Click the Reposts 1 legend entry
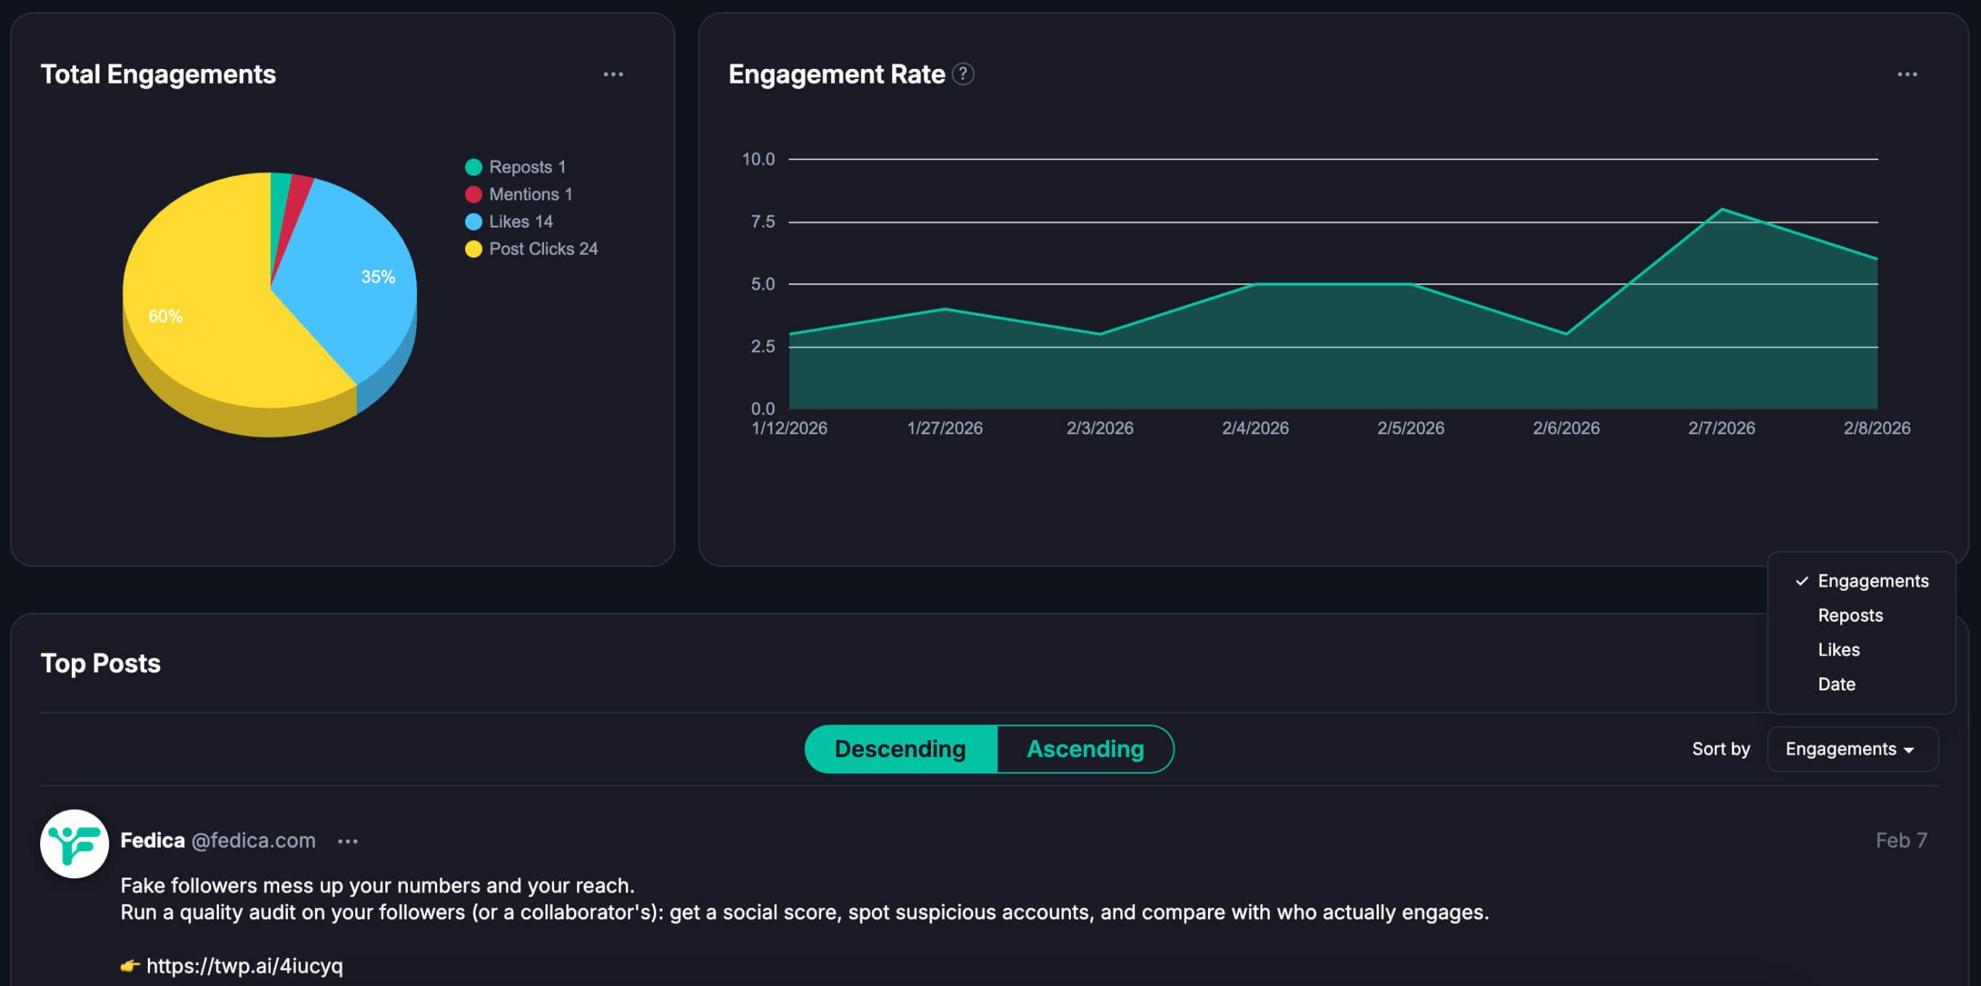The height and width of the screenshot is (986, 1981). click(x=516, y=167)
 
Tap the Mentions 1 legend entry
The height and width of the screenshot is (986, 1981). click(x=519, y=194)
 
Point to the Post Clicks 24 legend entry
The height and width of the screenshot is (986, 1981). click(x=532, y=248)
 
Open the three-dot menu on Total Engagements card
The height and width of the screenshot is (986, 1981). click(x=613, y=74)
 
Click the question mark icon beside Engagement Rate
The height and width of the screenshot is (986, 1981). click(x=963, y=74)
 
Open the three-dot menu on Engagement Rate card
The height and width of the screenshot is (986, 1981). click(x=1907, y=74)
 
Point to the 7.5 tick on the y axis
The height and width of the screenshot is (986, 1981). click(x=762, y=222)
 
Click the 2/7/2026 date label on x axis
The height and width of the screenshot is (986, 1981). click(x=1721, y=428)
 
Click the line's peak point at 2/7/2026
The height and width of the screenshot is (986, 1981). click(x=1721, y=209)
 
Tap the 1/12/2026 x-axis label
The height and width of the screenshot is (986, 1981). click(x=789, y=428)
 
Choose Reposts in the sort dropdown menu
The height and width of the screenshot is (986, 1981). click(x=1849, y=615)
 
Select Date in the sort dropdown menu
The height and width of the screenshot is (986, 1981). click(x=1836, y=684)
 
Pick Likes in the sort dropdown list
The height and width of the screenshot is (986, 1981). click(x=1838, y=650)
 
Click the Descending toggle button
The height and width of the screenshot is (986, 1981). click(x=900, y=749)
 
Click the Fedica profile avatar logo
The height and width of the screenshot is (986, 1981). click(x=74, y=844)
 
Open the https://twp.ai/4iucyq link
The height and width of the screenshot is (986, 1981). click(x=244, y=966)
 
